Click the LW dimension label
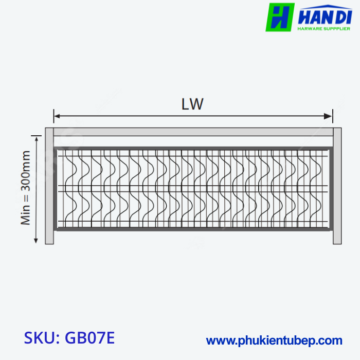[x=192, y=104]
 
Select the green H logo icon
[x=280, y=17]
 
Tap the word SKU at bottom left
[x=41, y=338]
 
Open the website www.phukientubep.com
[x=274, y=340]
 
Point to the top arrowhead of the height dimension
[x=36, y=138]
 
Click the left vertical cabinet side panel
[x=49, y=185]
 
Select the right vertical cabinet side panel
[x=337, y=185]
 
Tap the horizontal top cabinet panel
[x=193, y=132]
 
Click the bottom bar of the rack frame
[x=193, y=229]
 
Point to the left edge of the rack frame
[x=56, y=188]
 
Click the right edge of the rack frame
[x=330, y=188]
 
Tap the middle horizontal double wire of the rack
[x=193, y=188]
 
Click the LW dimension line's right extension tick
[x=332, y=114]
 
